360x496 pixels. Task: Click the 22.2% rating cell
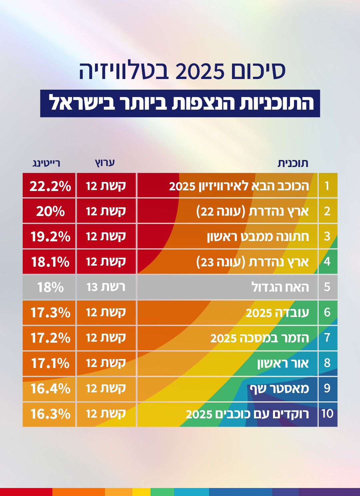(x=50, y=186)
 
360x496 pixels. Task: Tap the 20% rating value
(x=50, y=211)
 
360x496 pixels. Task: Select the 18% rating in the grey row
(x=50, y=287)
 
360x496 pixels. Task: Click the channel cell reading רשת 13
(x=106, y=287)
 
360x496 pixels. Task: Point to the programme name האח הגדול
(x=280, y=287)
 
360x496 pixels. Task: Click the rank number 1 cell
(x=327, y=186)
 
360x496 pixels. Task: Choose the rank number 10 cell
(x=327, y=414)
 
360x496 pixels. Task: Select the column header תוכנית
(x=293, y=163)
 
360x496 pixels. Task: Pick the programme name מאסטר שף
(x=279, y=388)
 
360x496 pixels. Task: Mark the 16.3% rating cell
(x=50, y=414)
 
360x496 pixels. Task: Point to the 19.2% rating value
(x=50, y=236)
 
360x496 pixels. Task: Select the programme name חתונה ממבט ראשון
(x=258, y=236)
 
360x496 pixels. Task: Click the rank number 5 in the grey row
(x=327, y=287)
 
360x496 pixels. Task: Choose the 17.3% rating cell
(x=50, y=312)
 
